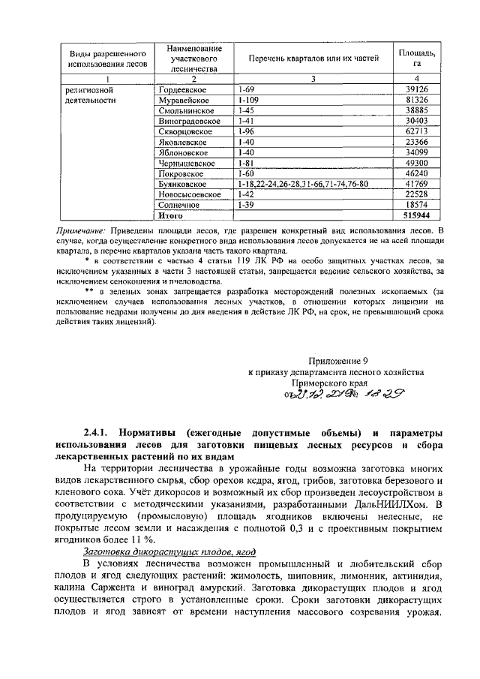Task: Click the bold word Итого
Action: click(169, 215)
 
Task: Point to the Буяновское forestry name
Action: click(184, 184)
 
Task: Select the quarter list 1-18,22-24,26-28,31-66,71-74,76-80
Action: click(302, 184)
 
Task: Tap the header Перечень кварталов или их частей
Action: click(313, 58)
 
